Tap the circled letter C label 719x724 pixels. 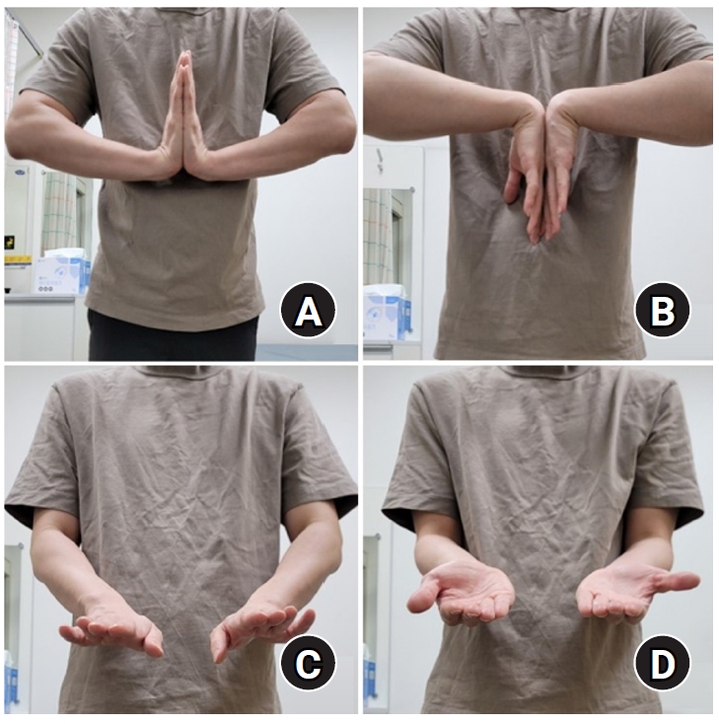pyautogui.click(x=308, y=666)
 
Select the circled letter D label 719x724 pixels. pyautogui.click(x=662, y=666)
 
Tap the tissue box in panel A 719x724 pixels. pyautogui.click(x=61, y=272)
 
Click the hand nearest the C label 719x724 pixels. pyautogui.click(x=258, y=629)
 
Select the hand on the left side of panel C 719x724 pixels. pyautogui.click(x=110, y=629)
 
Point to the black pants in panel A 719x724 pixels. pyautogui.click(x=173, y=340)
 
